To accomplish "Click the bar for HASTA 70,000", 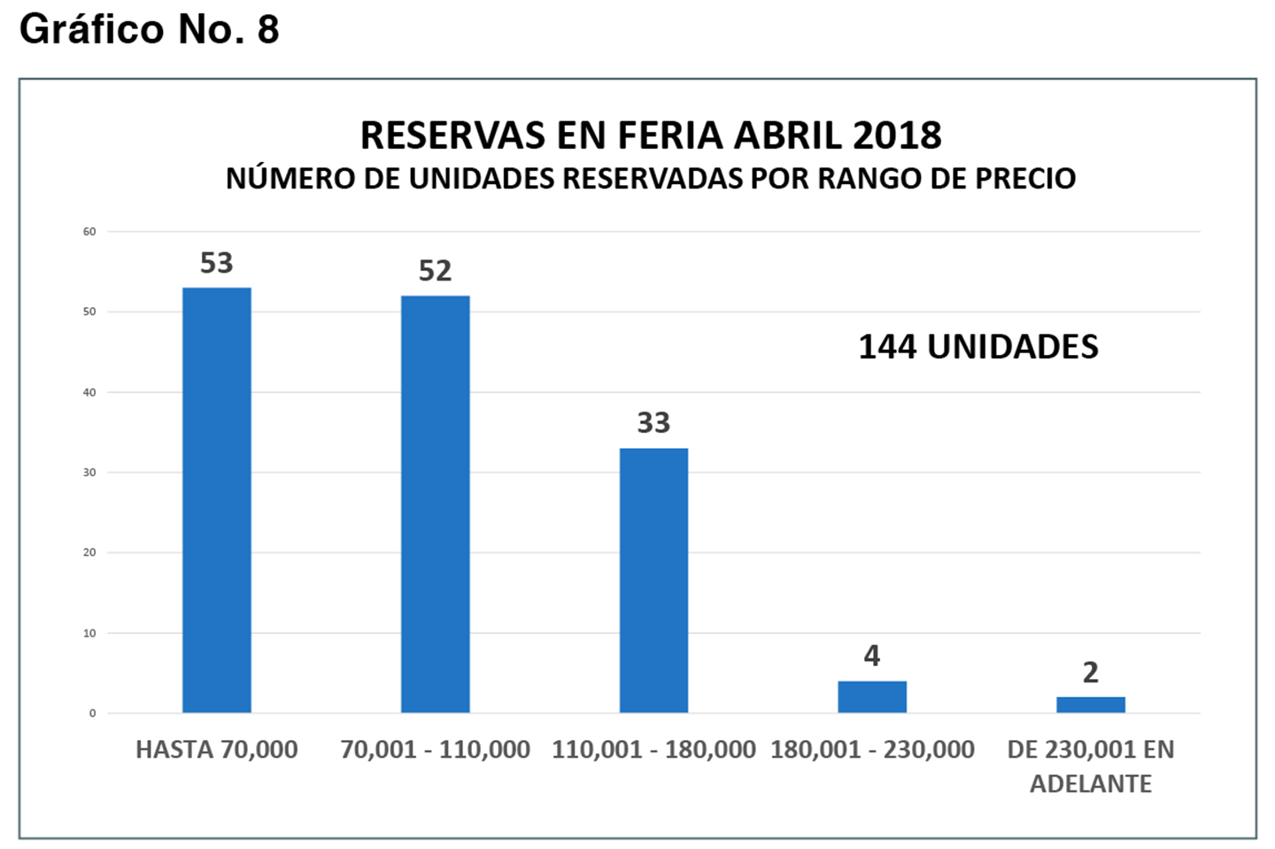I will click(217, 500).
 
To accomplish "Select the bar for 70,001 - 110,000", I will click(436, 504).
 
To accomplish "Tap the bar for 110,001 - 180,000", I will click(653, 580).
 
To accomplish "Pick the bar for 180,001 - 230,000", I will click(872, 697).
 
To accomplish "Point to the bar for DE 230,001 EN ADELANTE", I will click(1091, 705).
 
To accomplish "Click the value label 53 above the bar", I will click(217, 263).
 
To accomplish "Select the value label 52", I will click(436, 271).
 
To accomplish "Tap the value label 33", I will click(653, 423).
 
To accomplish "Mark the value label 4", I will click(872, 656).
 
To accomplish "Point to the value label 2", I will click(1091, 673).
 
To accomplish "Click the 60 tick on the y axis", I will click(89, 232).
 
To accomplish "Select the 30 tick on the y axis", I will click(89, 473).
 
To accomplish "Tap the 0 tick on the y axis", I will click(92, 714).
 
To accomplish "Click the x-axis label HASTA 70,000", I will click(217, 750).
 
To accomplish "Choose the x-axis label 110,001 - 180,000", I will click(653, 750).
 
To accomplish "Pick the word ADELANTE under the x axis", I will click(1091, 784).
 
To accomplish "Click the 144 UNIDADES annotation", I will click(978, 347).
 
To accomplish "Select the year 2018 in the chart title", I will click(897, 135).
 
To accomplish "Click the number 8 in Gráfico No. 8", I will click(268, 29).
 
